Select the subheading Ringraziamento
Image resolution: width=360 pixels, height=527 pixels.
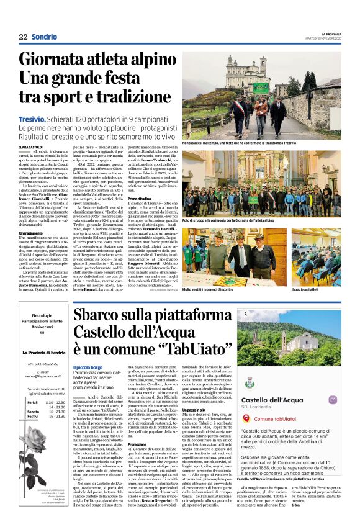[x=32, y=233]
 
